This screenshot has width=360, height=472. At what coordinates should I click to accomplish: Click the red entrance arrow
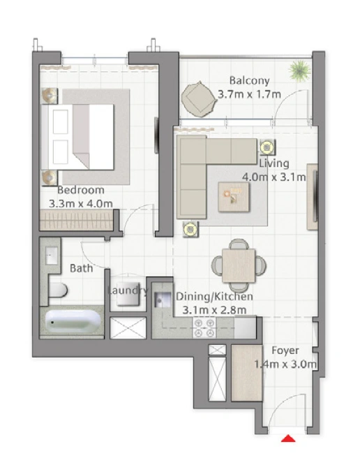288,438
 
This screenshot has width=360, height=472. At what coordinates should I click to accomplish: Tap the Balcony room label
249,80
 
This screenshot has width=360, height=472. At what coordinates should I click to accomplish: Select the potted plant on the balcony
299,71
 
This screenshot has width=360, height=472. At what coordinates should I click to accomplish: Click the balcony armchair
199,99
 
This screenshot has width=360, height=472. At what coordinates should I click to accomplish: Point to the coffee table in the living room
234,197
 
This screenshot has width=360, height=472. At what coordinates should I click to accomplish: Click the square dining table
239,265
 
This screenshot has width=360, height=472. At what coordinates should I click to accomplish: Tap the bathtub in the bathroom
73,321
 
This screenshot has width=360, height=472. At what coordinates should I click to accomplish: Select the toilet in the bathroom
58,290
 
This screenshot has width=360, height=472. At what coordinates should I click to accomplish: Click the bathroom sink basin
52,256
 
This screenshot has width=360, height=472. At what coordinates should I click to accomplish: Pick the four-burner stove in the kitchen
205,327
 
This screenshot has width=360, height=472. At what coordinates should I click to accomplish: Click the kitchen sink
163,300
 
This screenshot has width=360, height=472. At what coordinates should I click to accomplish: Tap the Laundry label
128,290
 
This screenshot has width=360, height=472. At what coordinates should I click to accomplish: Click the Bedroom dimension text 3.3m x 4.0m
81,204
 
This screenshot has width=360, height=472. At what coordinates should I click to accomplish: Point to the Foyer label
285,351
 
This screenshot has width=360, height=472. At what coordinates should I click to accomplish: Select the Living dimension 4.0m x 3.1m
274,177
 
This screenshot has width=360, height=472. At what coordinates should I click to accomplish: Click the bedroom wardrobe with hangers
76,220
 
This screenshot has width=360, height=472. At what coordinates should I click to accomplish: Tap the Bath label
81,268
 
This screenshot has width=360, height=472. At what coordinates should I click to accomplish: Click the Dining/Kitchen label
214,297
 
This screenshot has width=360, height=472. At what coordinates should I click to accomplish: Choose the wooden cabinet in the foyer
247,373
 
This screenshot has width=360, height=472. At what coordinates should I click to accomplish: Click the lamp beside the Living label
267,147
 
